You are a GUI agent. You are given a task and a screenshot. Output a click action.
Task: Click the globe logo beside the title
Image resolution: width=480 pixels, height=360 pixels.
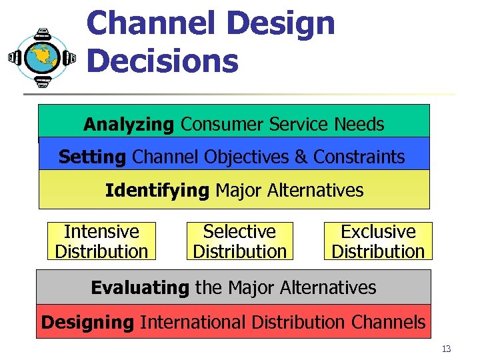pos(42,58)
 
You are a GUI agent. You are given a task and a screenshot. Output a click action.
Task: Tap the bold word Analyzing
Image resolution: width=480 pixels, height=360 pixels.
pos(129,124)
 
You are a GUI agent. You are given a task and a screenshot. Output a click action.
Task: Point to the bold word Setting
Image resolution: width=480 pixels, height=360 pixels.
pos(92,157)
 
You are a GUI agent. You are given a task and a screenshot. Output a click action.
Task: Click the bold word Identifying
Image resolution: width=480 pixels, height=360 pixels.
pos(157,191)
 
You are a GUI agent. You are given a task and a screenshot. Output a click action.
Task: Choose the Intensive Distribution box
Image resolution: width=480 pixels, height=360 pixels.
pos(101,241)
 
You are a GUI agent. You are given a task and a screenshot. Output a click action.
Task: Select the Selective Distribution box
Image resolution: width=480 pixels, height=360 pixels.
pos(239,241)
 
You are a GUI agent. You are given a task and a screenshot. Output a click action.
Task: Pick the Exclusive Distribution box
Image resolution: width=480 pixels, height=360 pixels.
pos(378,241)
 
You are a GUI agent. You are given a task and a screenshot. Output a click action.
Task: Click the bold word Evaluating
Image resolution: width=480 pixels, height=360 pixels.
pos(140,288)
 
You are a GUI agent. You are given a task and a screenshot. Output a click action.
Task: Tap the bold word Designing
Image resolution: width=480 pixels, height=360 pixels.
pos(87,323)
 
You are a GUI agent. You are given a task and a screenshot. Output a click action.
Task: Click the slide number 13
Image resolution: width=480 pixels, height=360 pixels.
pos(446,349)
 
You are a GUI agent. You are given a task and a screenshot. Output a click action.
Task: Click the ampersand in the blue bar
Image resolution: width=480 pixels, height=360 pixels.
pos(301,157)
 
